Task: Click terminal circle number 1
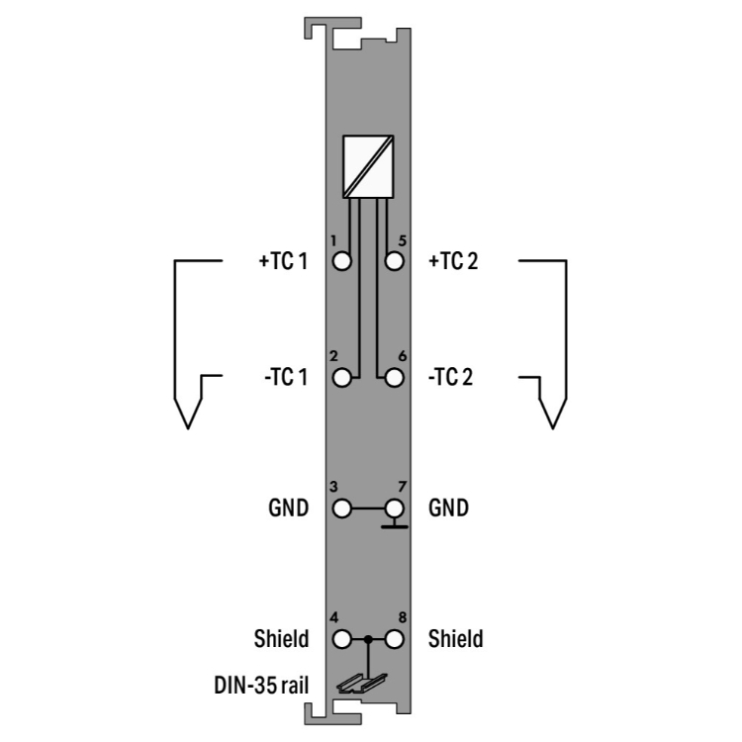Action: (341, 261)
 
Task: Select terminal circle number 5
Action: (394, 261)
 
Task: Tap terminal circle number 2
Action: (341, 378)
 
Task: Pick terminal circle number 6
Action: (394, 378)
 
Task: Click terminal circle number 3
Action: (341, 509)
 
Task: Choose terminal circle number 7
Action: (394, 509)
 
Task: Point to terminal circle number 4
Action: (341, 639)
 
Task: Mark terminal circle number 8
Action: (394, 639)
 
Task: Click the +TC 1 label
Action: (283, 261)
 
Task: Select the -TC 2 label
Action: (450, 377)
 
